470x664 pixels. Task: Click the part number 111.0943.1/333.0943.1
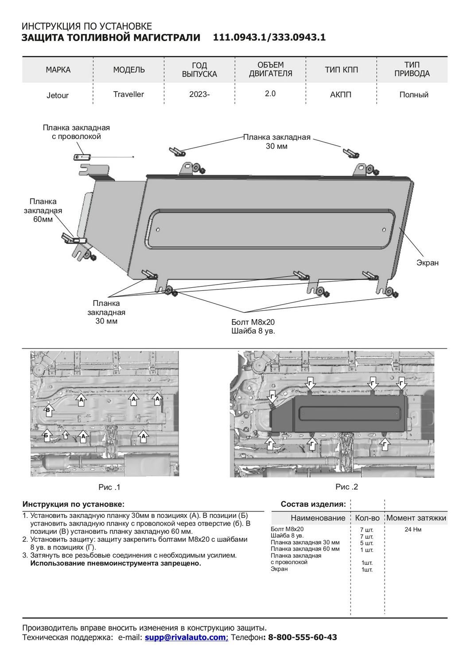[269, 38]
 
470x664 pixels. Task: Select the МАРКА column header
[58, 70]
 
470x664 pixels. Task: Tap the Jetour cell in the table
[58, 95]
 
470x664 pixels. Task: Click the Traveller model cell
[128, 94]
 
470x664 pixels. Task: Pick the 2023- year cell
[199, 94]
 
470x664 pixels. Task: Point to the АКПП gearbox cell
[341, 94]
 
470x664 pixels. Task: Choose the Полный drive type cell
[414, 95]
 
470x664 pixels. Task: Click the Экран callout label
[427, 263]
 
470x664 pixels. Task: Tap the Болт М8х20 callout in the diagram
[253, 322]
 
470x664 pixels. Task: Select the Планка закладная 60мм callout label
[43, 210]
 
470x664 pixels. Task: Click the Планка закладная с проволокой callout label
[76, 132]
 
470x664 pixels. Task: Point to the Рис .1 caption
[109, 487]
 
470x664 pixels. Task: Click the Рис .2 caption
[346, 486]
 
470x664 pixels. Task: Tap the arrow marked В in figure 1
[48, 410]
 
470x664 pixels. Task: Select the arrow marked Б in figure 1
[46, 436]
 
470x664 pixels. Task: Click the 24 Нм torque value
[413, 529]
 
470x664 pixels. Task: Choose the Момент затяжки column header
[416, 518]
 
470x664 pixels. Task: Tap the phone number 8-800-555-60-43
[303, 637]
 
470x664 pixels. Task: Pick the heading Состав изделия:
[313, 504]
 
